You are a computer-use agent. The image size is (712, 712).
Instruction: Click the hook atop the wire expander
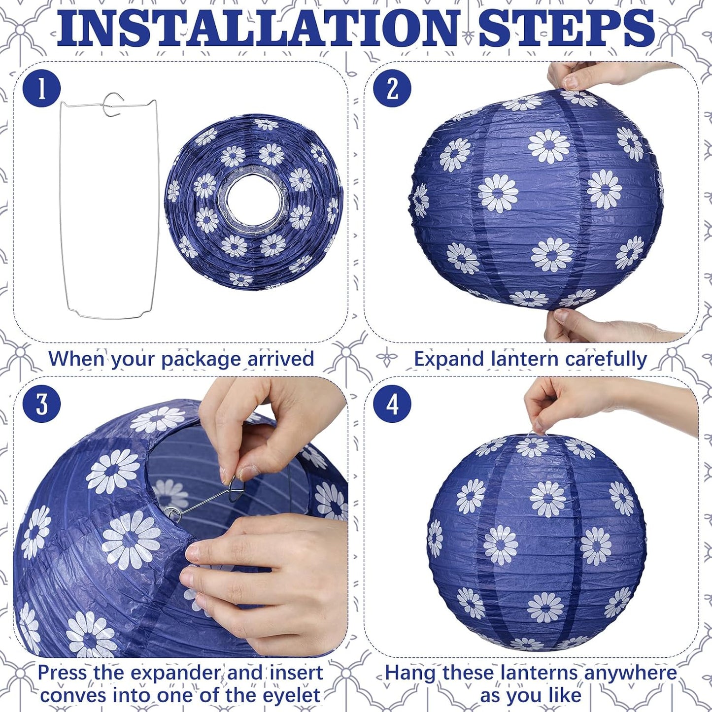[113, 104]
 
